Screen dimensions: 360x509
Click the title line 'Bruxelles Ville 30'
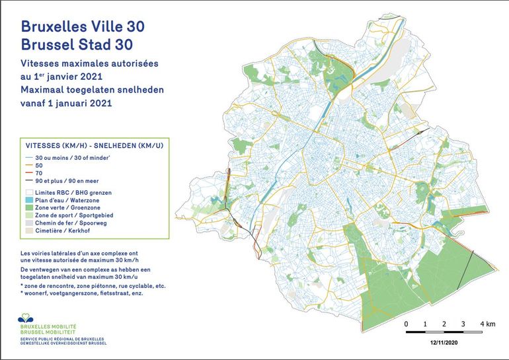point(83,26)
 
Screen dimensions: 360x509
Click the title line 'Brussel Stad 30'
point(77,44)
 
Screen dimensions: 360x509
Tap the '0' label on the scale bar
point(406,324)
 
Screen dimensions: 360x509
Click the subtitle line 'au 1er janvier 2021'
point(70,77)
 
